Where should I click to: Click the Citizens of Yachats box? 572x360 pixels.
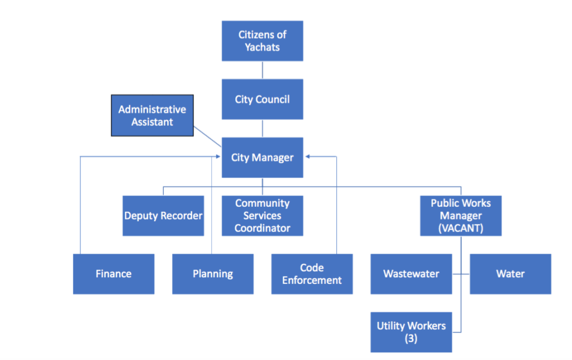click(262, 41)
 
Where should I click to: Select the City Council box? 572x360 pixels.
click(262, 100)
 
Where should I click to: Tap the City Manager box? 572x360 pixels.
click(262, 158)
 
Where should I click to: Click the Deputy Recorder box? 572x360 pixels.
click(163, 216)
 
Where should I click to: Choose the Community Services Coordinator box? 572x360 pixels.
click(262, 216)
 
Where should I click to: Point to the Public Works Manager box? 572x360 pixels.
click(461, 216)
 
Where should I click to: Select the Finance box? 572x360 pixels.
click(113, 274)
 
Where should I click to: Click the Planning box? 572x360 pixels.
click(212, 274)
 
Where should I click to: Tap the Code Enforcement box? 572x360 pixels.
click(312, 274)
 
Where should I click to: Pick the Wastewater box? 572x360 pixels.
click(411, 274)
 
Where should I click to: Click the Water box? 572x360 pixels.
click(510, 274)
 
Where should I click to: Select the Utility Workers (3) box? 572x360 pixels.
click(411, 332)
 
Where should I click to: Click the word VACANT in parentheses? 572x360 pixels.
click(461, 228)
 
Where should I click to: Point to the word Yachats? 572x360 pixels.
click(262, 48)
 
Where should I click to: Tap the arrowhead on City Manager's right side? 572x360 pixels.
click(307, 157)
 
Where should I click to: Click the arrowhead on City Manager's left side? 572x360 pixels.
click(218, 157)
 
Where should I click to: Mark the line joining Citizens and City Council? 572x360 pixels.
click(262, 70)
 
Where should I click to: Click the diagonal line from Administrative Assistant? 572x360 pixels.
click(207, 139)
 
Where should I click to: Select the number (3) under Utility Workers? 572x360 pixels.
click(411, 339)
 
